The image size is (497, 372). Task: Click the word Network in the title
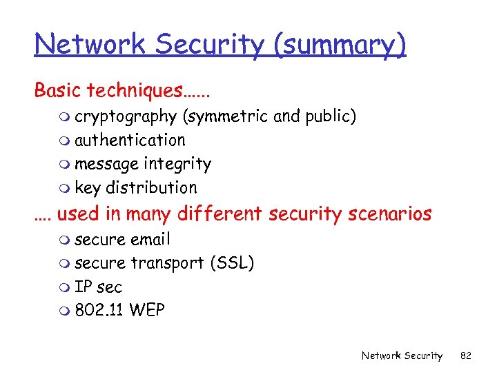pyautogui.click(x=90, y=44)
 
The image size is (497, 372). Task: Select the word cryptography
pyautogui.click(x=126, y=117)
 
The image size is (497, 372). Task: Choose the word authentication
pyautogui.click(x=130, y=141)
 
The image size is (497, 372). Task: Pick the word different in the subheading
pyautogui.click(x=220, y=214)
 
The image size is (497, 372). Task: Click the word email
pyautogui.click(x=150, y=240)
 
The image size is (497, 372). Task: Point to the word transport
pyautogui.click(x=167, y=264)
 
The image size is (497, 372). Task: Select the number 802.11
pyautogui.click(x=99, y=311)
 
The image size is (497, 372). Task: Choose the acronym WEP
pyautogui.click(x=146, y=311)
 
